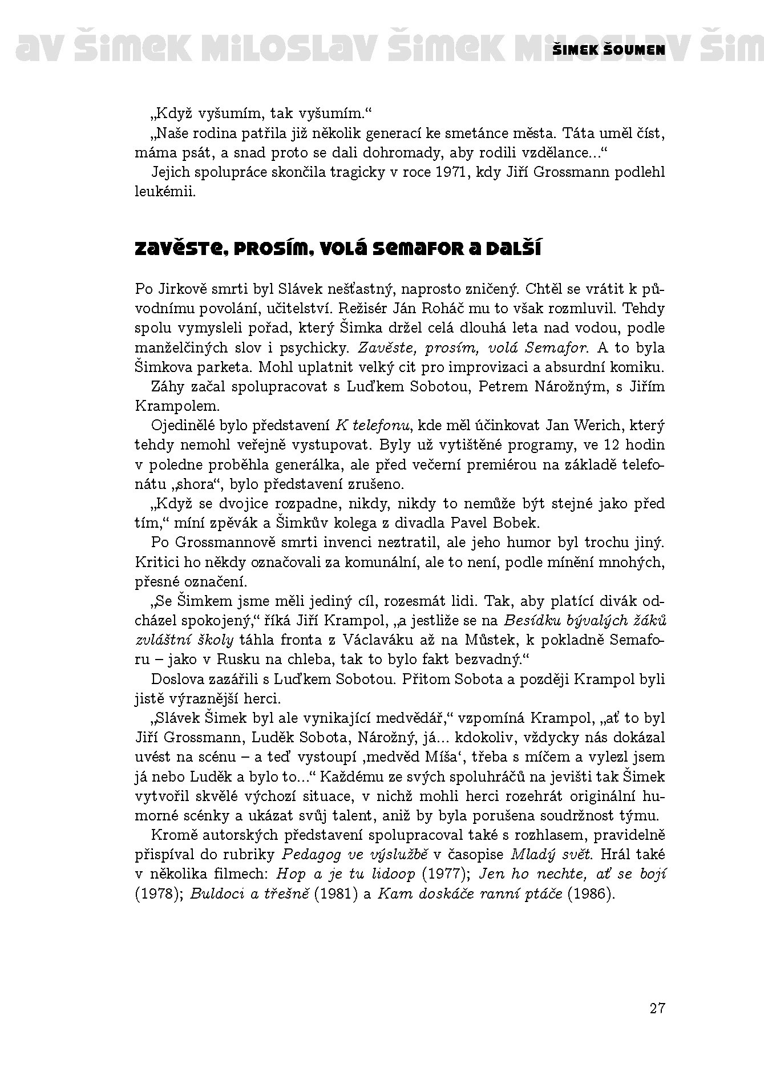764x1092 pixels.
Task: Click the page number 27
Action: click(657, 1008)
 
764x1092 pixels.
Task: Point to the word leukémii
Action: click(165, 192)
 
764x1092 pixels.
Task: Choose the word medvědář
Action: click(406, 718)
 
